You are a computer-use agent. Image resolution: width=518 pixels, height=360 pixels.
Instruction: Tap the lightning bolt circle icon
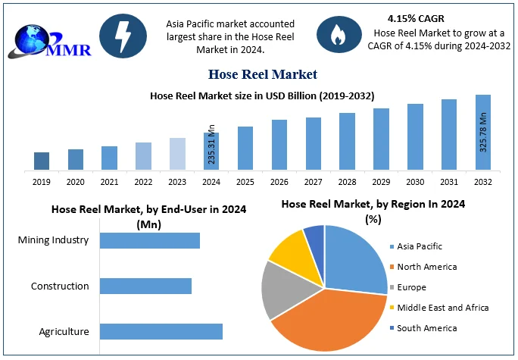[x=123, y=35]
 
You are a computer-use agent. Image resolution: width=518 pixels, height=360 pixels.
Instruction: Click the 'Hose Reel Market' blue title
[x=262, y=74]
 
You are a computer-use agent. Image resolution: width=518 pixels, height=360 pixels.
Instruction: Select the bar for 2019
[x=42, y=161]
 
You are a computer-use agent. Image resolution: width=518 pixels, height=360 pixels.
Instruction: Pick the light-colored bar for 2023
[x=177, y=154]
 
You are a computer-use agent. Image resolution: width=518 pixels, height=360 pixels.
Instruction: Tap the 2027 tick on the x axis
[x=314, y=182]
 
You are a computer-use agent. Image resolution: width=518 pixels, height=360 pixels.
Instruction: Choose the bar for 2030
[x=415, y=136]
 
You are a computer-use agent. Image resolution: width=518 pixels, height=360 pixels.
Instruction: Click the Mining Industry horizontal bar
[x=150, y=240]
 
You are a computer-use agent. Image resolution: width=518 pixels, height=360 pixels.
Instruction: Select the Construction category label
[x=60, y=286]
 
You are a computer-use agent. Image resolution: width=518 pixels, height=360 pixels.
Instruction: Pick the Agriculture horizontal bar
[x=161, y=331]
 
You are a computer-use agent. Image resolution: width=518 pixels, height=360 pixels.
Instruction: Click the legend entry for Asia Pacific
[x=418, y=246]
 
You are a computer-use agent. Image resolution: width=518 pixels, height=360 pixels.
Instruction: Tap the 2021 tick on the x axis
[x=109, y=182]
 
